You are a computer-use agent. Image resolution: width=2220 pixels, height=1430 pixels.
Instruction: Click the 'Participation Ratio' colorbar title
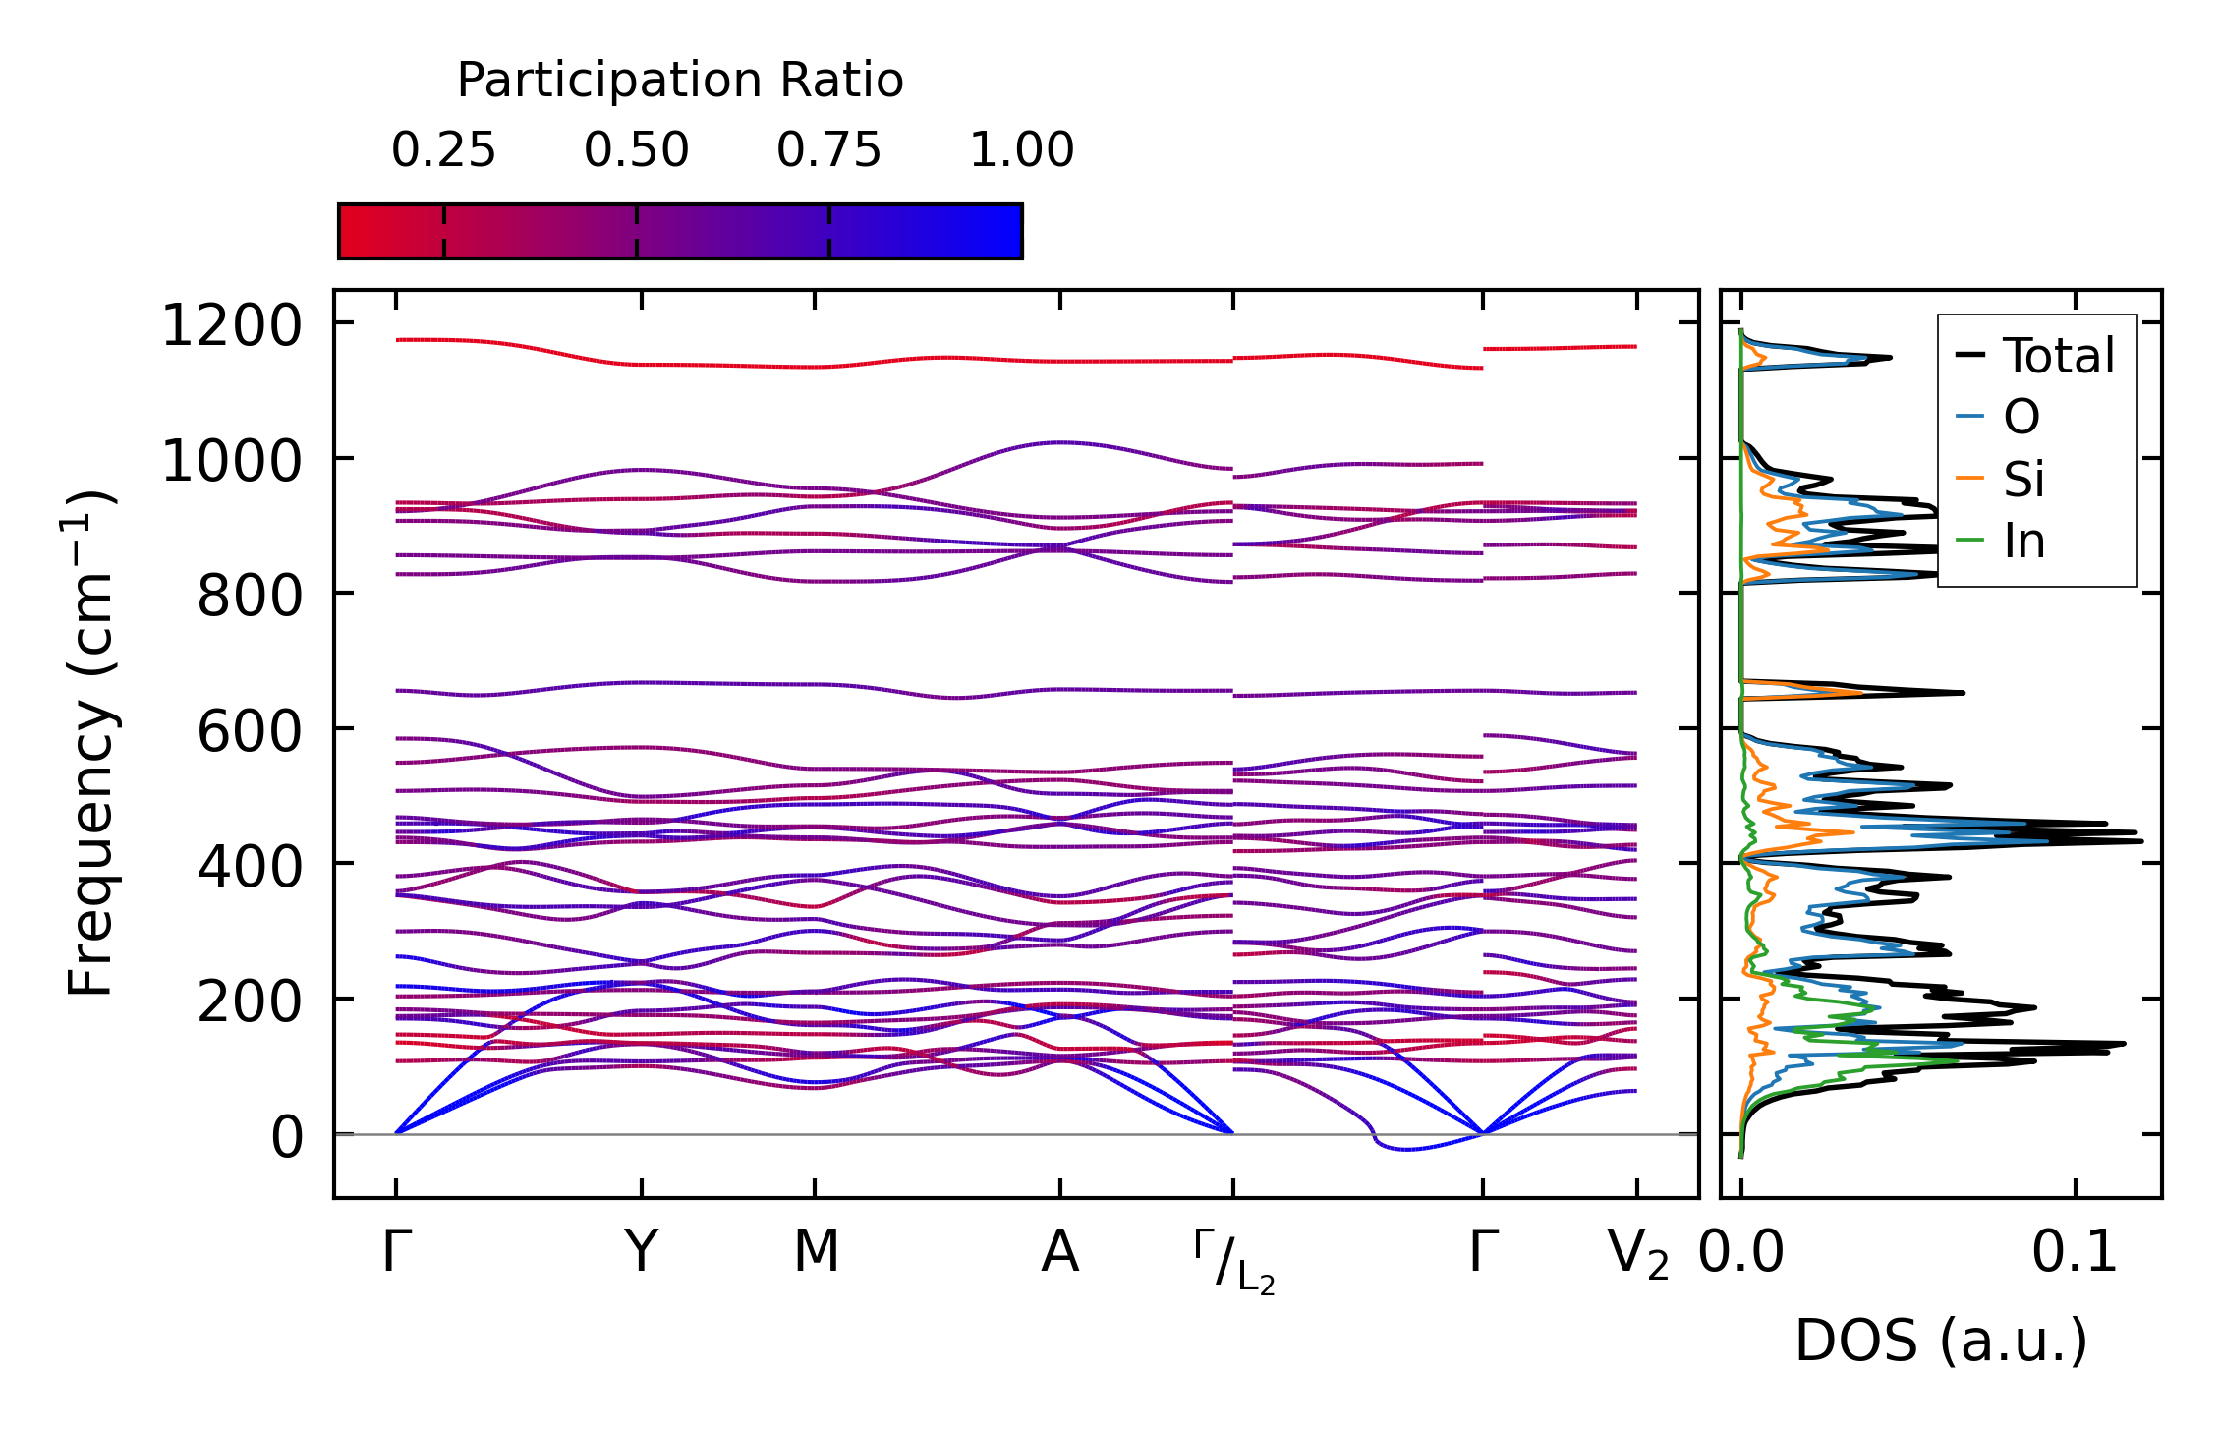click(x=680, y=81)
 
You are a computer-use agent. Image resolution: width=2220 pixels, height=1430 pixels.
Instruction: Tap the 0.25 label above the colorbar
click(x=443, y=150)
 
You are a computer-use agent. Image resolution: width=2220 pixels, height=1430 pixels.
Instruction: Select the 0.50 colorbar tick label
click(x=636, y=150)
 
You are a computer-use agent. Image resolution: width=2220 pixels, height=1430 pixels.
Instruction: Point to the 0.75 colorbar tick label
click(x=828, y=150)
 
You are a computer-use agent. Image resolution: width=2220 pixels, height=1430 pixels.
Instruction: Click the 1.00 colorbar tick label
click(x=1021, y=150)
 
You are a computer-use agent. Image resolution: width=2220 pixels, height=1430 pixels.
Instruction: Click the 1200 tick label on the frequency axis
click(x=232, y=326)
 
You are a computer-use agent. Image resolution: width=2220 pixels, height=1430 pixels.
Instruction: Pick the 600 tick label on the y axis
click(x=250, y=732)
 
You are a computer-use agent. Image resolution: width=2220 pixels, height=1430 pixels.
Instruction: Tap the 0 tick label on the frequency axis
click(x=287, y=1138)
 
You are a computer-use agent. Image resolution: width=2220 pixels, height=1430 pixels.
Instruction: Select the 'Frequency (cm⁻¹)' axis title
click(x=91, y=743)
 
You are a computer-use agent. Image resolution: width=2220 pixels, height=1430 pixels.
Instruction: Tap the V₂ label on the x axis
click(x=1637, y=1255)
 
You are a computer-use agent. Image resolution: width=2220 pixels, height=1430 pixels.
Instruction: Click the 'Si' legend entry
click(x=2023, y=480)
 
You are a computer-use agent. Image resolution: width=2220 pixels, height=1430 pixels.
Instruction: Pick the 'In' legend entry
click(x=2023, y=542)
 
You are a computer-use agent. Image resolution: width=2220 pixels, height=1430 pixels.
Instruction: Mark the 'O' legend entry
click(x=2021, y=418)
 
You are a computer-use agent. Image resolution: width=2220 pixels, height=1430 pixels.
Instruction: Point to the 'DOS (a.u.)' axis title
click(x=1941, y=1342)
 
